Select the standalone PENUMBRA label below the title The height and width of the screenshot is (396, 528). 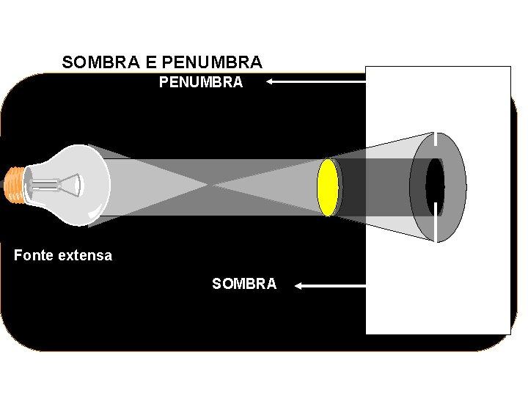pyautogui.click(x=201, y=83)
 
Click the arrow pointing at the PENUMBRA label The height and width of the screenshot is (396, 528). pyautogui.click(x=315, y=83)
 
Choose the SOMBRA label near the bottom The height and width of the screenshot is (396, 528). pyautogui.click(x=244, y=284)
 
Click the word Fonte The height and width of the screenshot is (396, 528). pyautogui.click(x=33, y=255)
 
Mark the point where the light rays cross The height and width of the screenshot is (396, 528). pyautogui.click(x=213, y=186)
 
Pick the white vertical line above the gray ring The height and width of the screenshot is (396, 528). pyautogui.click(x=436, y=144)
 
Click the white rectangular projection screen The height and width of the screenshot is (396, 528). pyautogui.click(x=438, y=293)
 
